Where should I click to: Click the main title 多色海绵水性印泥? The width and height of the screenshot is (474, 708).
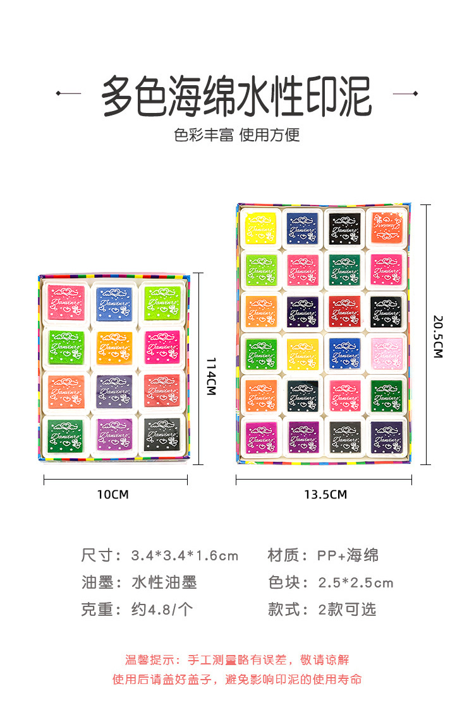[237, 97]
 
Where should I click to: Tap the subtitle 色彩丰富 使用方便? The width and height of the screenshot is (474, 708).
[237, 134]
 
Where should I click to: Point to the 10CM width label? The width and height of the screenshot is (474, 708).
[112, 494]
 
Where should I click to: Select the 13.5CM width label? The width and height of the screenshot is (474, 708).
[325, 494]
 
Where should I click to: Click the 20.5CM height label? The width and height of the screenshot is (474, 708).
[437, 336]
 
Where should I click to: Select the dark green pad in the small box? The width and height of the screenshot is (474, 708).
[66, 434]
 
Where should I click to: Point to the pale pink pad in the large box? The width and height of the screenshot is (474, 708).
[386, 352]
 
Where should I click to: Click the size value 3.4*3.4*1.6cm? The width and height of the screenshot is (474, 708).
[185, 556]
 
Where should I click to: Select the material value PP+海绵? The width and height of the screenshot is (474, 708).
[348, 556]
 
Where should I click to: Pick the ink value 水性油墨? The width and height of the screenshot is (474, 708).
[164, 582]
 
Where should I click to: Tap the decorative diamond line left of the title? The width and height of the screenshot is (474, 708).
[68, 93]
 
